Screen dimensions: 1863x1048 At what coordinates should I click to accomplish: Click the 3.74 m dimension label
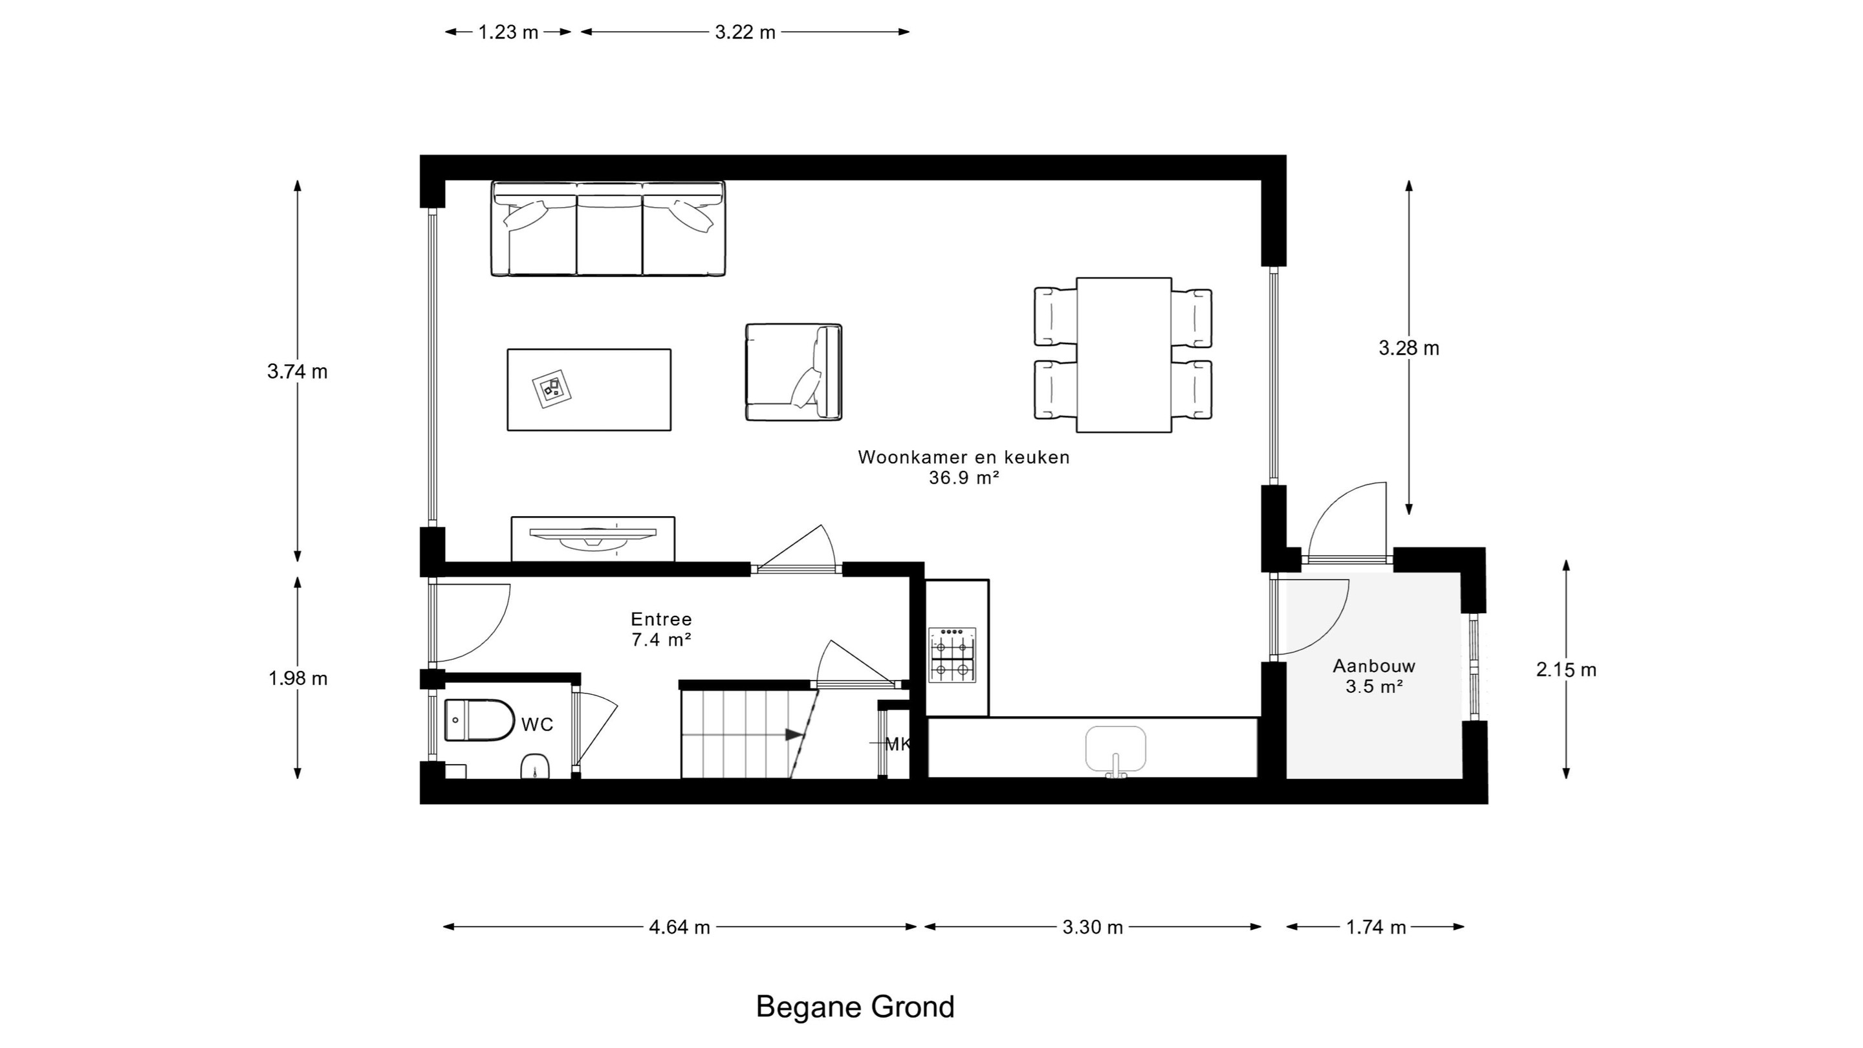[x=298, y=372]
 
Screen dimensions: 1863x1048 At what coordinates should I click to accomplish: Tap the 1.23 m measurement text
[x=508, y=32]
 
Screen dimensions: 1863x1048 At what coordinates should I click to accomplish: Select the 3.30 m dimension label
[x=1092, y=927]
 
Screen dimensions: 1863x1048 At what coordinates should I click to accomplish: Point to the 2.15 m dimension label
[x=1565, y=670]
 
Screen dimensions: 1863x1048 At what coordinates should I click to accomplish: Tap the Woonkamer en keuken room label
[x=963, y=457]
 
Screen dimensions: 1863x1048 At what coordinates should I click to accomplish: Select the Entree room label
[x=661, y=619]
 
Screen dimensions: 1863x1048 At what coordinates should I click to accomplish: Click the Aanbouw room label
[x=1374, y=666]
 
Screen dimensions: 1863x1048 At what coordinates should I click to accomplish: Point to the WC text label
[x=537, y=724]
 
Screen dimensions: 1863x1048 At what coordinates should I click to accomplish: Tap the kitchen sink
[x=1115, y=750]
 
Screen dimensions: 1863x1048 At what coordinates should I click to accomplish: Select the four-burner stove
[x=952, y=655]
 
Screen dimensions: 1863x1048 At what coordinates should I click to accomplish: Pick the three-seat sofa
[x=607, y=228]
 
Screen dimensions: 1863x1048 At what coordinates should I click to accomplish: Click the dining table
[x=1124, y=355]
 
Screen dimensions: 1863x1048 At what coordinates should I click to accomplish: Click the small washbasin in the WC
[x=534, y=766]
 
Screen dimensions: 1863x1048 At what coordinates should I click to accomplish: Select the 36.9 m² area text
[x=964, y=478]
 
